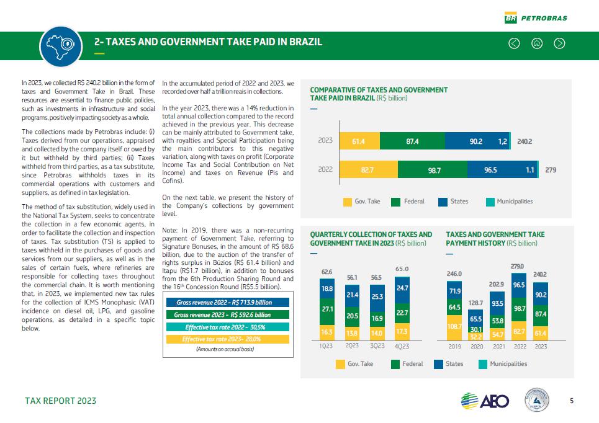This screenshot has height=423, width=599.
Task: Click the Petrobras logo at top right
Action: click(536, 18)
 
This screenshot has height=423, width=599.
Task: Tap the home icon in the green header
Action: click(537, 43)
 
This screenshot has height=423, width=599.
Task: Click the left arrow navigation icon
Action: click(514, 43)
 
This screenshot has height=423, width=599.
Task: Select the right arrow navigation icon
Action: click(559, 43)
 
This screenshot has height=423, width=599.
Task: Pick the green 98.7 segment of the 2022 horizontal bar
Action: click(434, 169)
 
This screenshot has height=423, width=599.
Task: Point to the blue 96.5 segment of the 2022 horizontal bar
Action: click(490, 169)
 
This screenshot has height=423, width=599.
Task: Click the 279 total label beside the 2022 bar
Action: click(551, 169)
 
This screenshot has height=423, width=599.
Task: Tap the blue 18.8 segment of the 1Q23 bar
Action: click(326, 288)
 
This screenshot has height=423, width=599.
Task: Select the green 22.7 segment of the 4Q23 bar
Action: click(402, 313)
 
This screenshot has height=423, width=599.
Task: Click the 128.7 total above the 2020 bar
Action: click(476, 303)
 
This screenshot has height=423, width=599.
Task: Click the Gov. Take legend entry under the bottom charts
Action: click(355, 364)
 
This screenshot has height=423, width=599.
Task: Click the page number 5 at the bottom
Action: click(571, 401)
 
